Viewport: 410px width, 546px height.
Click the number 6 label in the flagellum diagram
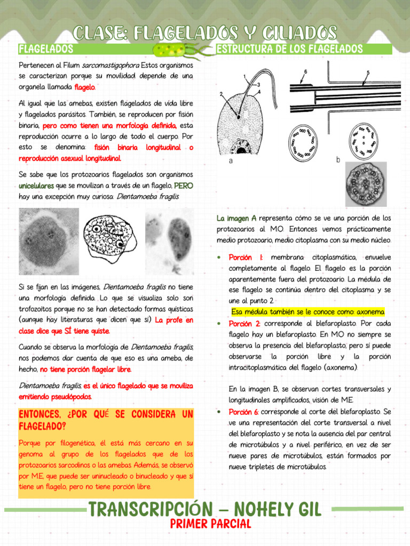tap(305, 71)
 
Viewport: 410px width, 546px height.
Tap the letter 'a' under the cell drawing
tap(230, 160)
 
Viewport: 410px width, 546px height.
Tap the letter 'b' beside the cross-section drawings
tap(338, 159)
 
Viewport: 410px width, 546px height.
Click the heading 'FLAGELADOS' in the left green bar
tap(45, 50)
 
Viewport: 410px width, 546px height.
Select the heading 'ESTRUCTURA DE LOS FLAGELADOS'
tap(290, 50)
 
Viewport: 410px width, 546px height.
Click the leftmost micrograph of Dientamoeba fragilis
tap(49, 241)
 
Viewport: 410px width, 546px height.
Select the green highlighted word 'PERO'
tap(183, 186)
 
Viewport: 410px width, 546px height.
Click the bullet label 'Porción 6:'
tap(245, 412)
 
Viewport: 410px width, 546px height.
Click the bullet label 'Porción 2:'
tap(245, 324)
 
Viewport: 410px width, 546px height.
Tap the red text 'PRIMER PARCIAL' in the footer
tap(210, 524)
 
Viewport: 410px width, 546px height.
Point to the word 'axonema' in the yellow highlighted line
tap(369, 312)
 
